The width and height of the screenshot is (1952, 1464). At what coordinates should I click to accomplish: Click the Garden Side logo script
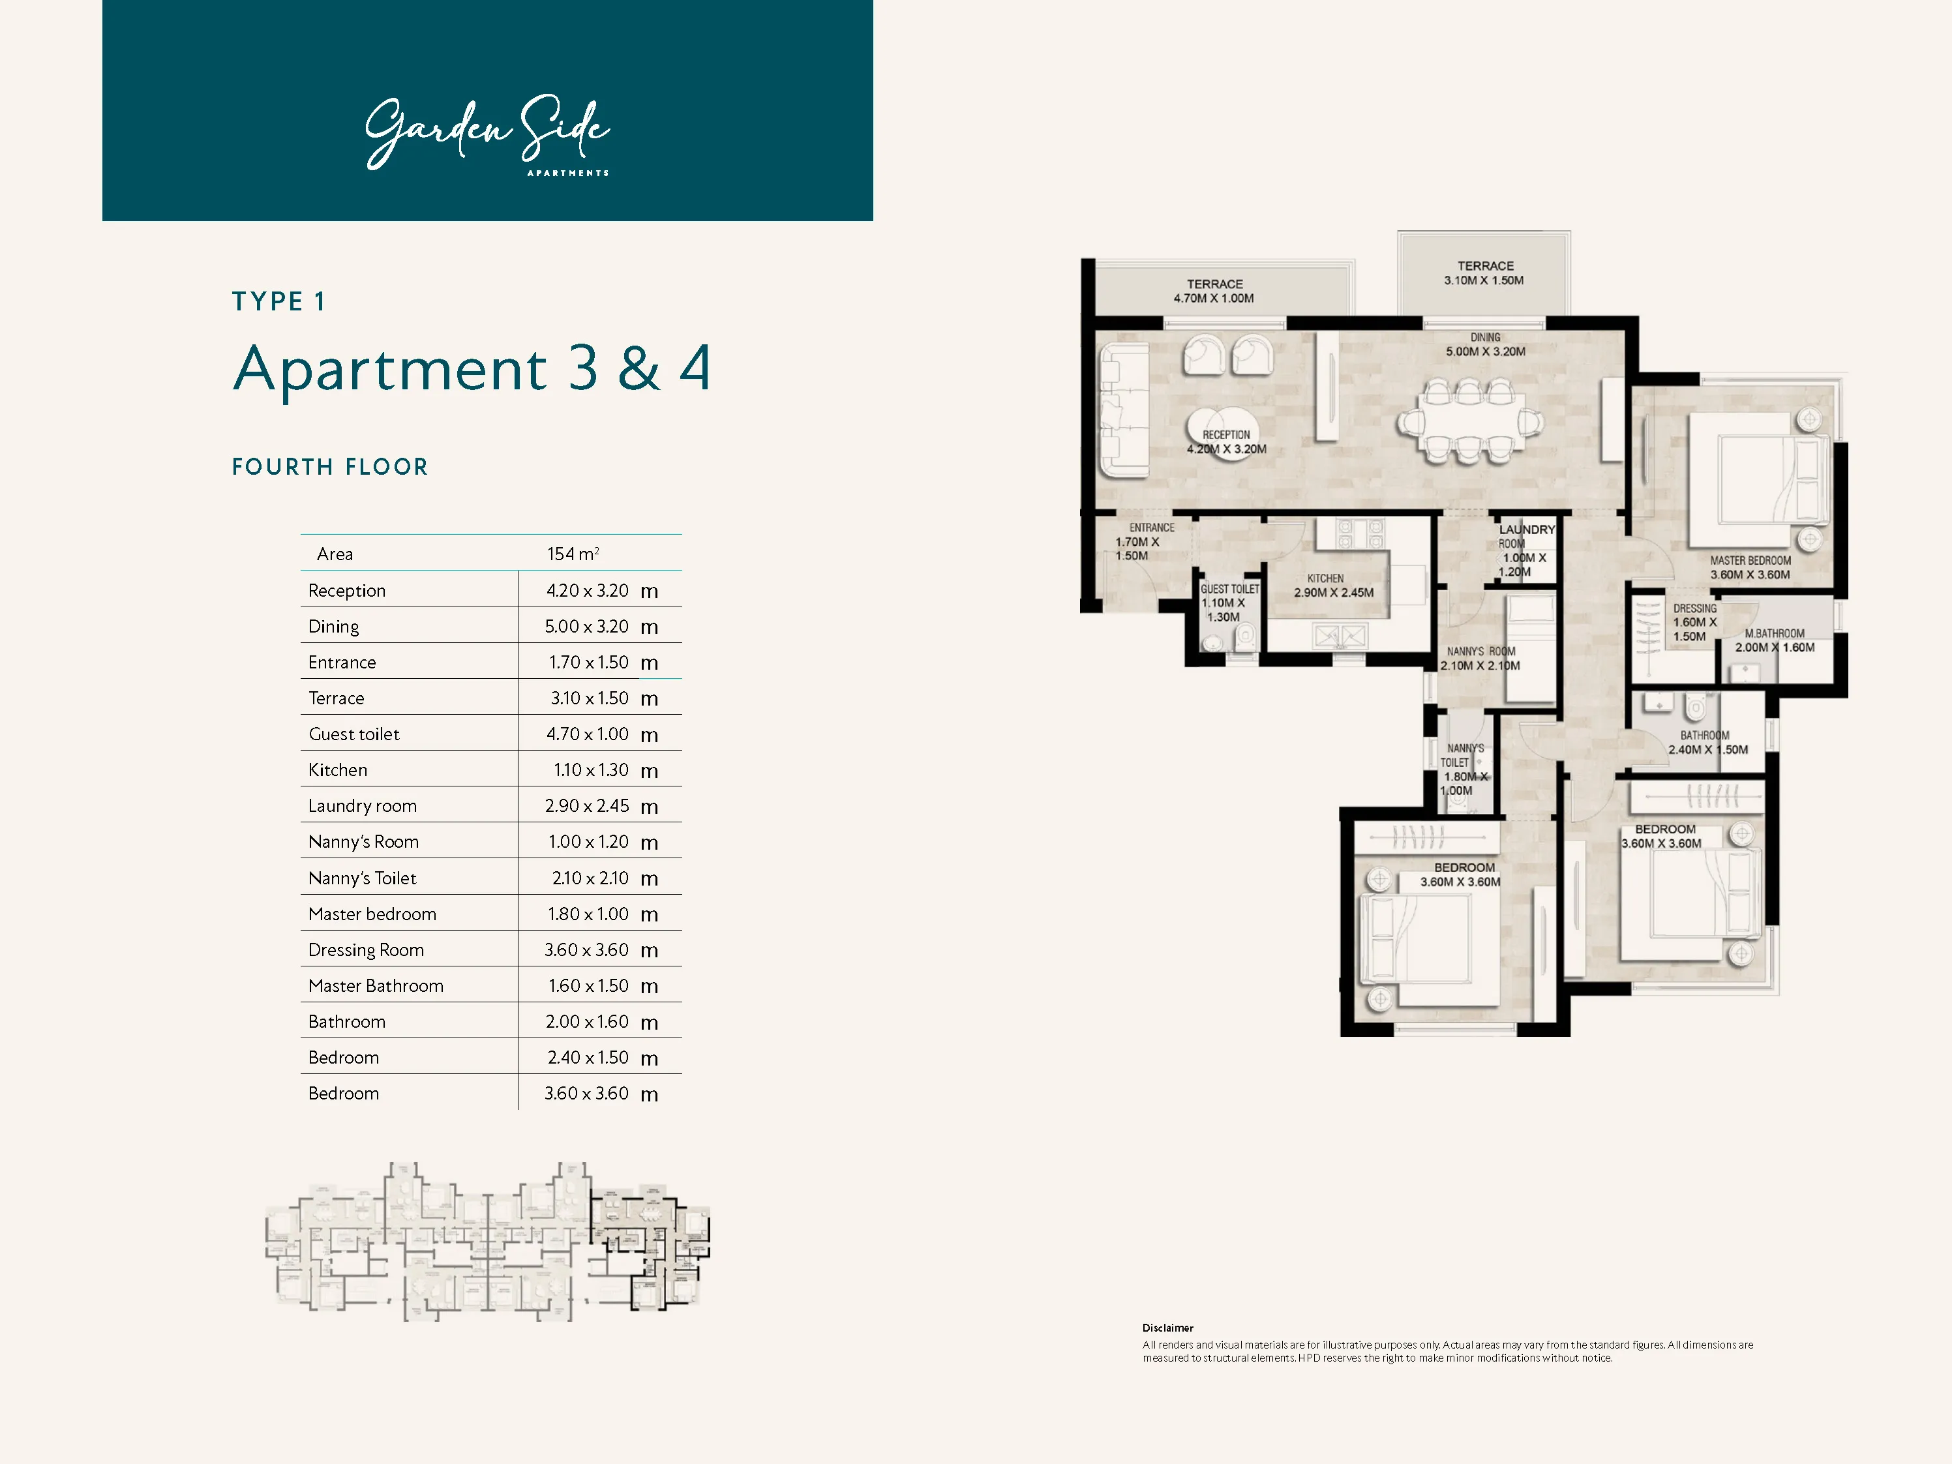pyautogui.click(x=487, y=132)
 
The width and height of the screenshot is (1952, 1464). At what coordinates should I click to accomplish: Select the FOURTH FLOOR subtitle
pyautogui.click(x=330, y=467)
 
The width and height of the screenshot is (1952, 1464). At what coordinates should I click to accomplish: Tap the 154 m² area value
pyautogui.click(x=573, y=554)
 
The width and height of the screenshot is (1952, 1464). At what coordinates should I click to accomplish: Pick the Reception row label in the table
pyautogui.click(x=347, y=590)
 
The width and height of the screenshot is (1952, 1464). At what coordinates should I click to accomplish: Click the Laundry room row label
pyautogui.click(x=362, y=805)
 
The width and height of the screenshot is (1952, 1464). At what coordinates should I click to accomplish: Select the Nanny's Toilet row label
pyautogui.click(x=362, y=878)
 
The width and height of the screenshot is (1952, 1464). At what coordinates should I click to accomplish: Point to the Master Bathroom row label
pyautogui.click(x=375, y=986)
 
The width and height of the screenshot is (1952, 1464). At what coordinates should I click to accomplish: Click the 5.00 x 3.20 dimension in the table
pyautogui.click(x=587, y=627)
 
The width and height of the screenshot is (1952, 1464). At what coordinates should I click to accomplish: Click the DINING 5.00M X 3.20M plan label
pyautogui.click(x=1485, y=345)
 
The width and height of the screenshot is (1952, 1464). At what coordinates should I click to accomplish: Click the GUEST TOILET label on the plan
pyautogui.click(x=1229, y=590)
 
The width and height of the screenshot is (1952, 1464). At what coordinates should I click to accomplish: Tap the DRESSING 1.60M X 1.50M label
pyautogui.click(x=1694, y=622)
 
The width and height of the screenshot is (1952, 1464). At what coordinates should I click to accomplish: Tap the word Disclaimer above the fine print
pyautogui.click(x=1167, y=1328)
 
